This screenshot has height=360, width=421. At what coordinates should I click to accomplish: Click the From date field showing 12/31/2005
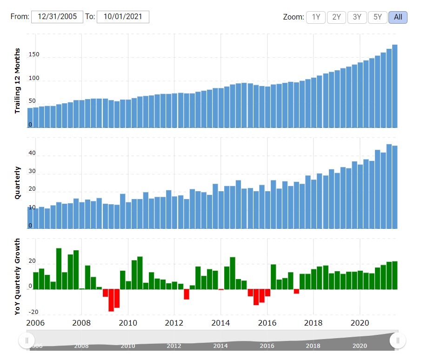point(57,17)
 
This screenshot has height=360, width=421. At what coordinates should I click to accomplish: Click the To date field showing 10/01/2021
point(123,17)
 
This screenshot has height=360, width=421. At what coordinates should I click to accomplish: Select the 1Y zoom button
point(316,17)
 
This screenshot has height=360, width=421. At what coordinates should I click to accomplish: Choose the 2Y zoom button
point(336,17)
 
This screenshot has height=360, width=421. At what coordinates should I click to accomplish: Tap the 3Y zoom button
point(357,17)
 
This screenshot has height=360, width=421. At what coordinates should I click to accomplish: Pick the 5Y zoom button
point(377,17)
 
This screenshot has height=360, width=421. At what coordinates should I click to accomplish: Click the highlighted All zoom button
point(398,17)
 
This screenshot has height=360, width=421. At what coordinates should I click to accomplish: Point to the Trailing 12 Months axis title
point(18,80)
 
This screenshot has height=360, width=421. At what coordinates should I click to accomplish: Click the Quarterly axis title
point(18,183)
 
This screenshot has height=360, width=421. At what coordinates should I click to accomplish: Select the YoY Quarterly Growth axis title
point(18,277)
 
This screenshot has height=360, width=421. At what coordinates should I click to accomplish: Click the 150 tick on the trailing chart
point(33,55)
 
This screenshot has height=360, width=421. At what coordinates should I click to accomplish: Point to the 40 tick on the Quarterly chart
point(32,153)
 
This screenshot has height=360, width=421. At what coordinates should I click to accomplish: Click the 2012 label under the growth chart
point(174,323)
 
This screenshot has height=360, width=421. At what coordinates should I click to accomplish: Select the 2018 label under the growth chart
point(313,323)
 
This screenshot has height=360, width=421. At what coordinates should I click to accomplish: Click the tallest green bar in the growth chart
point(59,269)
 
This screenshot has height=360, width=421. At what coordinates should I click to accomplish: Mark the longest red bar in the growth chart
point(111,300)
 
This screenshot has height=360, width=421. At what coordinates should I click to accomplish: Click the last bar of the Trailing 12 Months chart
point(394,86)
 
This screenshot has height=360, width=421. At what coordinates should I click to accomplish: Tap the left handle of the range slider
point(27,340)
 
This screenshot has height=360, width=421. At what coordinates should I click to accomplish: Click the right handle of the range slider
point(398,340)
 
